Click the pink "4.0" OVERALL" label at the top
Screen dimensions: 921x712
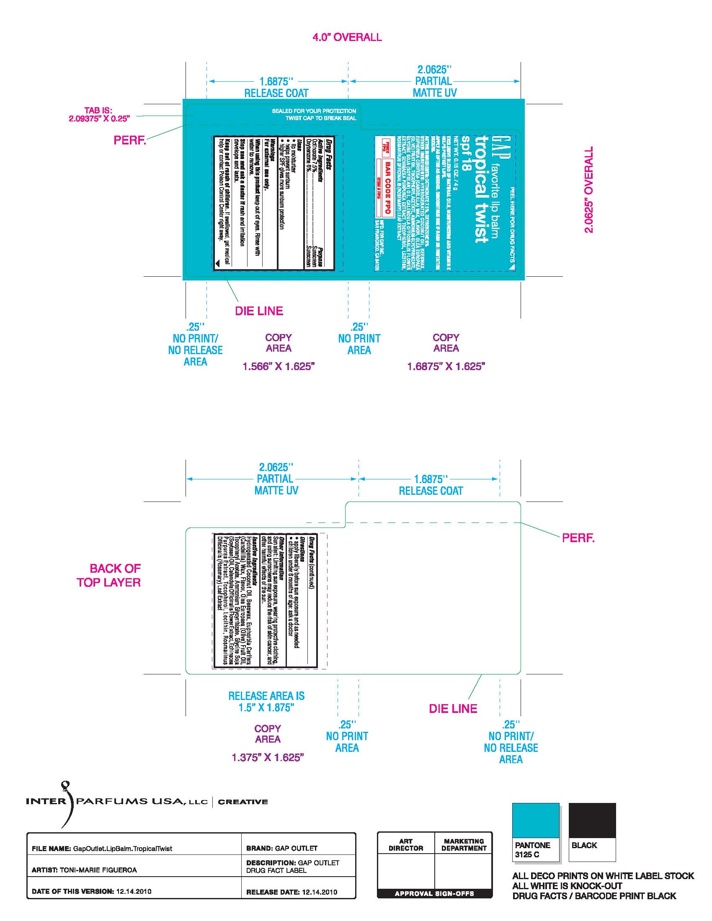pyautogui.click(x=347, y=37)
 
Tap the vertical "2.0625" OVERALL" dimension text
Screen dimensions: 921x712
pyautogui.click(x=588, y=189)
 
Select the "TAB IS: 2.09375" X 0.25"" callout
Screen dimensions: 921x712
pyautogui.click(x=99, y=114)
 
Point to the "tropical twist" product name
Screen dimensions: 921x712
pyautogui.click(x=481, y=189)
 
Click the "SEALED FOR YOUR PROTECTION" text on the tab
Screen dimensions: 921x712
pyautogui.click(x=314, y=111)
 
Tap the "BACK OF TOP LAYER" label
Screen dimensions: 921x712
pyautogui.click(x=109, y=575)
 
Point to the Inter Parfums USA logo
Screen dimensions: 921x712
pyautogui.click(x=147, y=802)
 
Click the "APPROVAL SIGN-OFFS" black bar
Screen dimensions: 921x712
pyautogui.click(x=434, y=893)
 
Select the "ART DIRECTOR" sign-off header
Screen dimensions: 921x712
pyautogui.click(x=405, y=845)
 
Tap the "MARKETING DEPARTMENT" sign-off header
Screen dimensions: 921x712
pyautogui.click(x=464, y=845)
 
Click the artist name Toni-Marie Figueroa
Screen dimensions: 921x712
pyautogui.click(x=98, y=870)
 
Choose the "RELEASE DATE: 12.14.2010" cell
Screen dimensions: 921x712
pyautogui.click(x=292, y=892)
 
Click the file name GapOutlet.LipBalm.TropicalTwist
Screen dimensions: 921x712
pyautogui.click(x=122, y=849)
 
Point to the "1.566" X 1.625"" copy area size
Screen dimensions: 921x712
pyautogui.click(x=279, y=366)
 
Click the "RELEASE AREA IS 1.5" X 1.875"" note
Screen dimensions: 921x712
pyautogui.click(x=266, y=702)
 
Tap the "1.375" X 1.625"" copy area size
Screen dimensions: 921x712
pyautogui.click(x=268, y=758)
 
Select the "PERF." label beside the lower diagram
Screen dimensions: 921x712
pyautogui.click(x=578, y=538)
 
